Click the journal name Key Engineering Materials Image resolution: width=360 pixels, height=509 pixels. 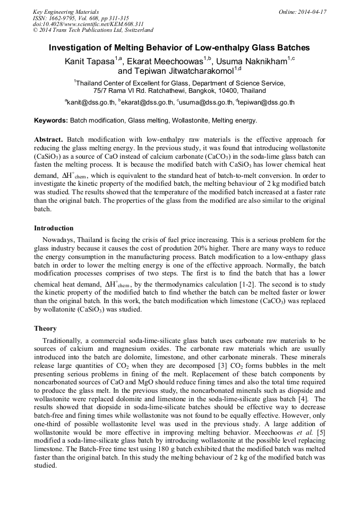pos(66,11)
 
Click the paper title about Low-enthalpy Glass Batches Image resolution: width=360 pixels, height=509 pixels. pos(179,48)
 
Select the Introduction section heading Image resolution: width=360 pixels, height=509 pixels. pos(54,228)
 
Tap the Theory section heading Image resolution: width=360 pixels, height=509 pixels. pos(45,329)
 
